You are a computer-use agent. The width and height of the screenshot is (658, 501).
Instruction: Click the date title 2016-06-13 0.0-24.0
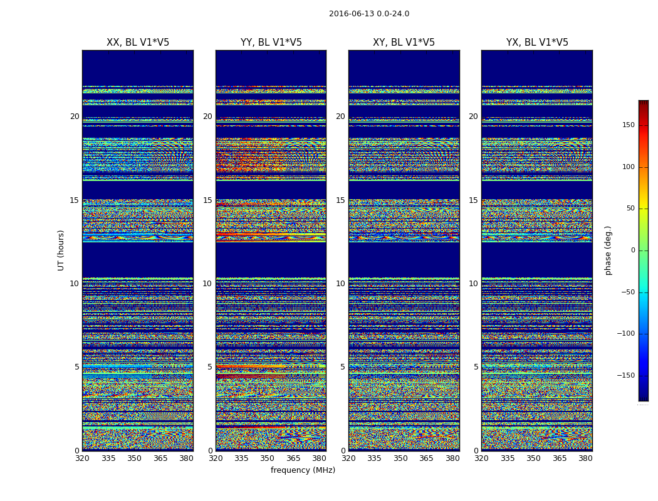369,14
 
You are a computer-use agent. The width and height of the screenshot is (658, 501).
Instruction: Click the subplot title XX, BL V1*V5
138,43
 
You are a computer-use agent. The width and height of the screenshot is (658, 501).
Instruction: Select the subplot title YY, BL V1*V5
271,43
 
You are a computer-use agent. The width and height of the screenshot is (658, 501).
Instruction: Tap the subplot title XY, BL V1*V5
404,43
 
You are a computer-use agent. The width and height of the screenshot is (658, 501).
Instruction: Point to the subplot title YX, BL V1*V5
537,43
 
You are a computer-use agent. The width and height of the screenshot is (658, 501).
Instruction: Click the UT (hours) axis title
61,250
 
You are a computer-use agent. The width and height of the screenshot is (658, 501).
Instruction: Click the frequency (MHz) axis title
303,470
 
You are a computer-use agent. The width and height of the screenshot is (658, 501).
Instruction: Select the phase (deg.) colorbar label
608,250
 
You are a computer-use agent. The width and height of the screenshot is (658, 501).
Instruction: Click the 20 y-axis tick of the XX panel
75,116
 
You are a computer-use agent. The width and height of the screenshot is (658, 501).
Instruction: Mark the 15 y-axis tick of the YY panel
207,200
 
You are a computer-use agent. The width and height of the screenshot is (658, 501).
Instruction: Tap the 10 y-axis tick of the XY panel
340,284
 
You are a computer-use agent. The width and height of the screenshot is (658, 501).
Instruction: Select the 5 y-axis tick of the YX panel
476,367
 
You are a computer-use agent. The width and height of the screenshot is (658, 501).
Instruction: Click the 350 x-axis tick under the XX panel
134,458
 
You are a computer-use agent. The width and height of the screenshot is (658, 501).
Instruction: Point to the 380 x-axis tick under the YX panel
585,458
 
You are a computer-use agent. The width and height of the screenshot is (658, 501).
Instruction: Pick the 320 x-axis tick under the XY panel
348,458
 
